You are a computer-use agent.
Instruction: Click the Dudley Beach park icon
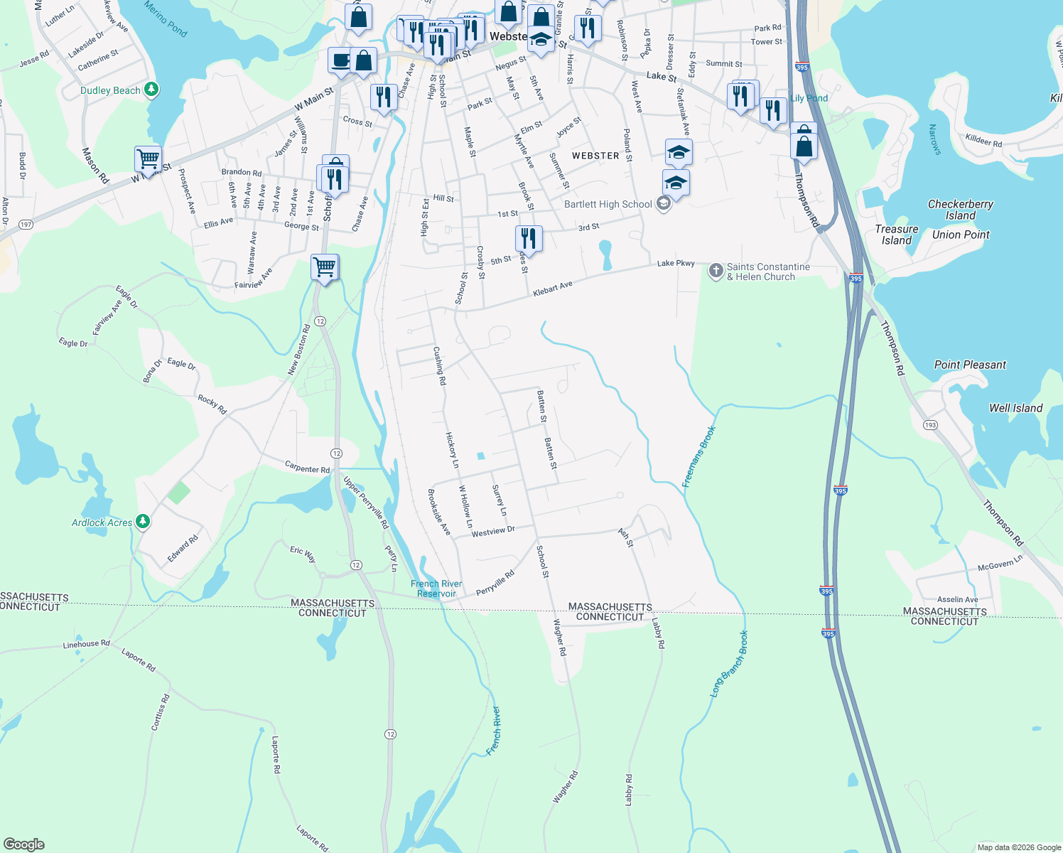(151, 90)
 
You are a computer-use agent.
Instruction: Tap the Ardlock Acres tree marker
(143, 522)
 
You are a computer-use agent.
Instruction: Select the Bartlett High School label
(608, 205)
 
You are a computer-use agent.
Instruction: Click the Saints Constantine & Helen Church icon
(716, 270)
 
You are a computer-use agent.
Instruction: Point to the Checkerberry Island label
(961, 210)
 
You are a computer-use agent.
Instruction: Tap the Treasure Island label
(897, 235)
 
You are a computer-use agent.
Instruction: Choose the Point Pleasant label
(970, 365)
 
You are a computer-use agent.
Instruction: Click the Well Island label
(1015, 408)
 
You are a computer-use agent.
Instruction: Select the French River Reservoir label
(436, 589)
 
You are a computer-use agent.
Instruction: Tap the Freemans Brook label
(698, 457)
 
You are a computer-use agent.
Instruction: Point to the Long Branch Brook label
(729, 663)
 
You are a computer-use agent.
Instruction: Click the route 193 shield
(930, 425)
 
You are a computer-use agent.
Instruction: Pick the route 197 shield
(26, 225)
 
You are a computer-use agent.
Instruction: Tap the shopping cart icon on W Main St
(148, 159)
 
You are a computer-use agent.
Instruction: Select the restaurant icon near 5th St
(528, 238)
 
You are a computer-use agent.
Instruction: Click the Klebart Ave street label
(552, 289)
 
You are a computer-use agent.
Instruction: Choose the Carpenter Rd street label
(307, 468)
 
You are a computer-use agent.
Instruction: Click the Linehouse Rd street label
(86, 644)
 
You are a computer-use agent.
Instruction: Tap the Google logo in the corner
(24, 844)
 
